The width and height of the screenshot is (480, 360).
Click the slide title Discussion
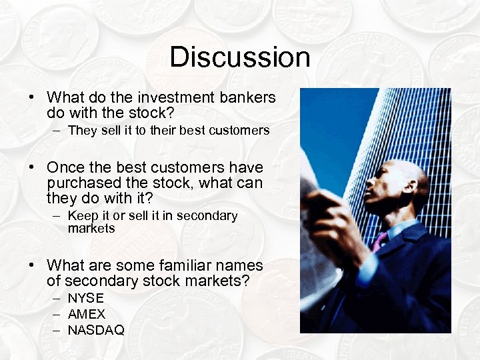240,57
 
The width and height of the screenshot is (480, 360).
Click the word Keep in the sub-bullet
83,216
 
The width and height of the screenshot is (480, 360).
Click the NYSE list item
86,299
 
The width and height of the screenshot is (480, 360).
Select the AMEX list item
87,314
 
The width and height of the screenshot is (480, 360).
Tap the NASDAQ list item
96,330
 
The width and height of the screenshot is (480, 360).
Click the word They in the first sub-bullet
83,131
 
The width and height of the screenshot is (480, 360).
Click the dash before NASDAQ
57,330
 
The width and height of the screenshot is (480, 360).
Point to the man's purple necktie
379,241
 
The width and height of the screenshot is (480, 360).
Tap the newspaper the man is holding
319,227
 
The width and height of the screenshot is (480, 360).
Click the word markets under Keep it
91,229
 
